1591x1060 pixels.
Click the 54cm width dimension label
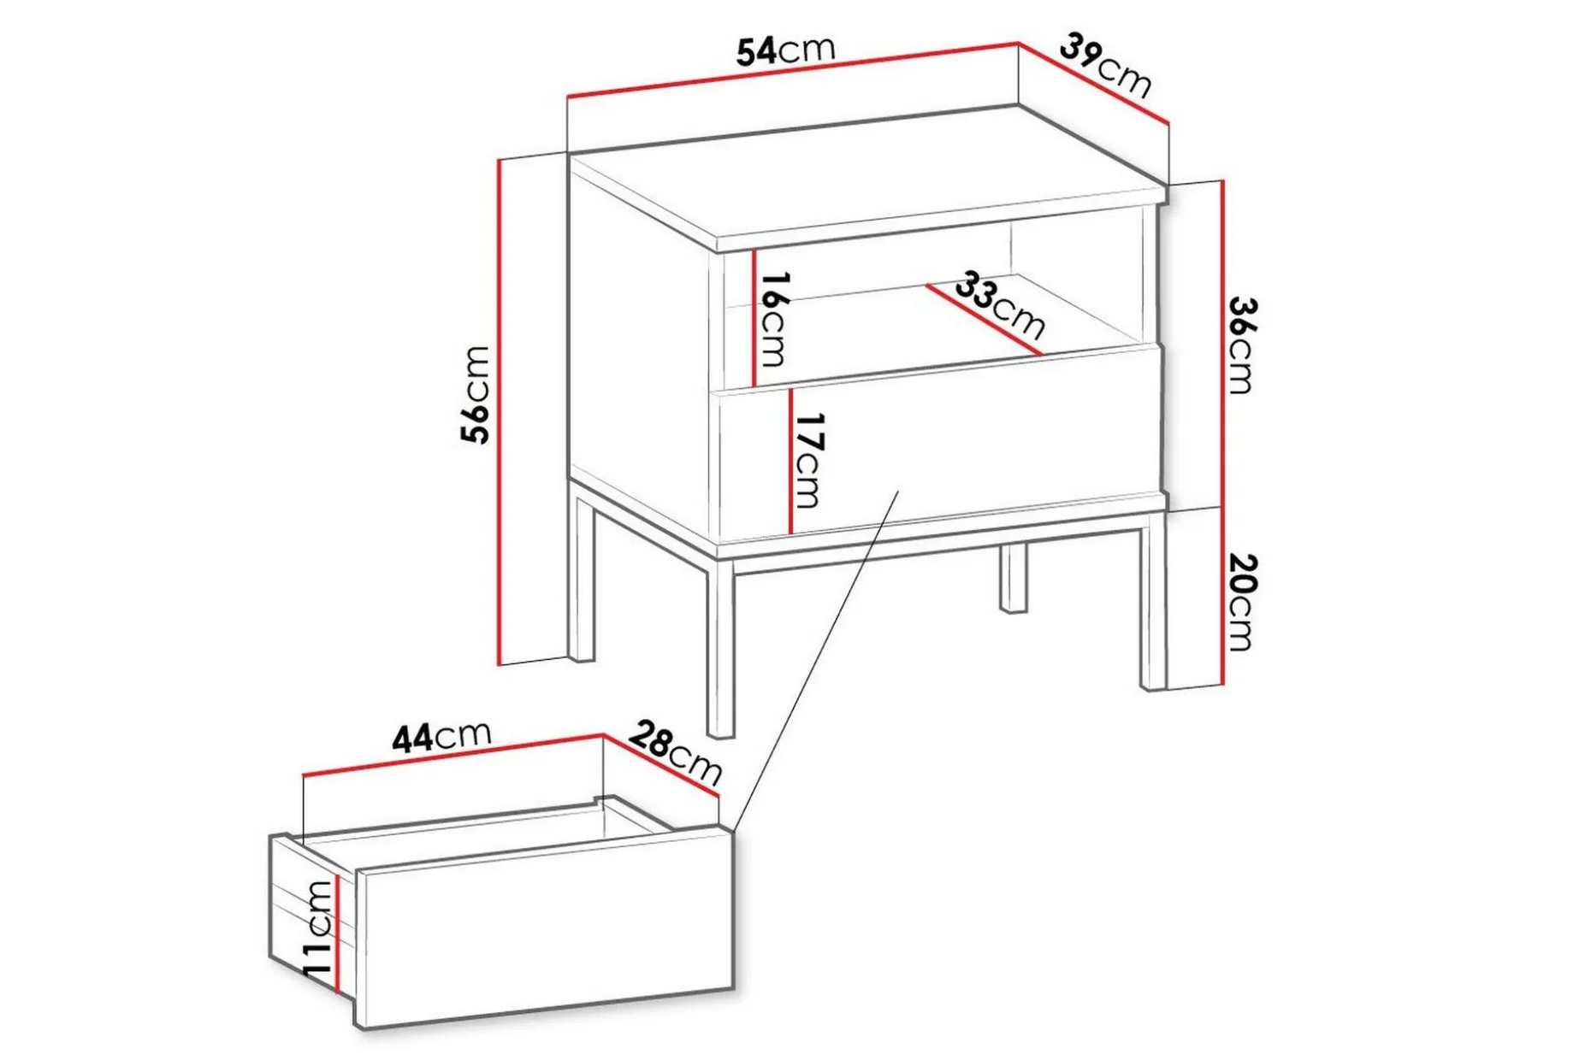785,50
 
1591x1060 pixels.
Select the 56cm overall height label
476,394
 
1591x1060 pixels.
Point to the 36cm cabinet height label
1240,344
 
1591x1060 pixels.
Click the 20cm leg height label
1240,602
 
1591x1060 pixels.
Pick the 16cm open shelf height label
772,319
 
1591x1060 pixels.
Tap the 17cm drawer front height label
808,460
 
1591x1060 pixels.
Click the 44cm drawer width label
441,736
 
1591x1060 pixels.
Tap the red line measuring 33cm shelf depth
984,319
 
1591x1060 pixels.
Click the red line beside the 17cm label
791,460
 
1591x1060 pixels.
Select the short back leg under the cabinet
1014,578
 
